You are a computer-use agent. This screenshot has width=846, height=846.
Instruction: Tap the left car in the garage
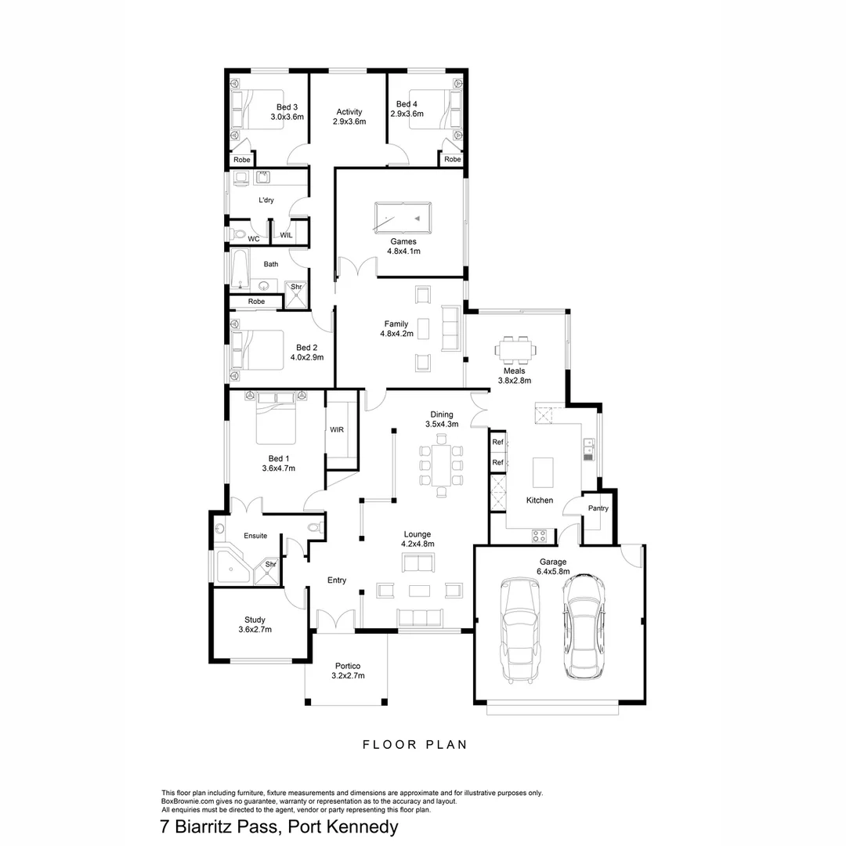[x=520, y=631]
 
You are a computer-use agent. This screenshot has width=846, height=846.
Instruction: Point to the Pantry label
[x=598, y=508]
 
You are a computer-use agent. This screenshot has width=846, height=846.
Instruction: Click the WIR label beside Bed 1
[x=337, y=430]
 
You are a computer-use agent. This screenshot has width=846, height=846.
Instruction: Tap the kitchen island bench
[x=543, y=474]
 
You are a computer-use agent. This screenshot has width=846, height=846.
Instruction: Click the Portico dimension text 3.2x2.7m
[x=348, y=675]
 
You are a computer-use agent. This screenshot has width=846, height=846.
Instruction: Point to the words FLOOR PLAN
[x=414, y=745]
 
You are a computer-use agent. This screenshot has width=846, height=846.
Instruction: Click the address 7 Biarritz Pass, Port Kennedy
[x=279, y=826]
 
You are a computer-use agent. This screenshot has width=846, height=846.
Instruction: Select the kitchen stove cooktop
[x=540, y=537]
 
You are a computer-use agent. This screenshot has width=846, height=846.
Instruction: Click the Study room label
[x=255, y=620]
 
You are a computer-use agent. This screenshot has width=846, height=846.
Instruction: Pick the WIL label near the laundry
[x=286, y=235]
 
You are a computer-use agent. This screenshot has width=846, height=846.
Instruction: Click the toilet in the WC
[x=238, y=233]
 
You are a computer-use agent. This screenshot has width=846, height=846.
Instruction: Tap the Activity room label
[x=349, y=112]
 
